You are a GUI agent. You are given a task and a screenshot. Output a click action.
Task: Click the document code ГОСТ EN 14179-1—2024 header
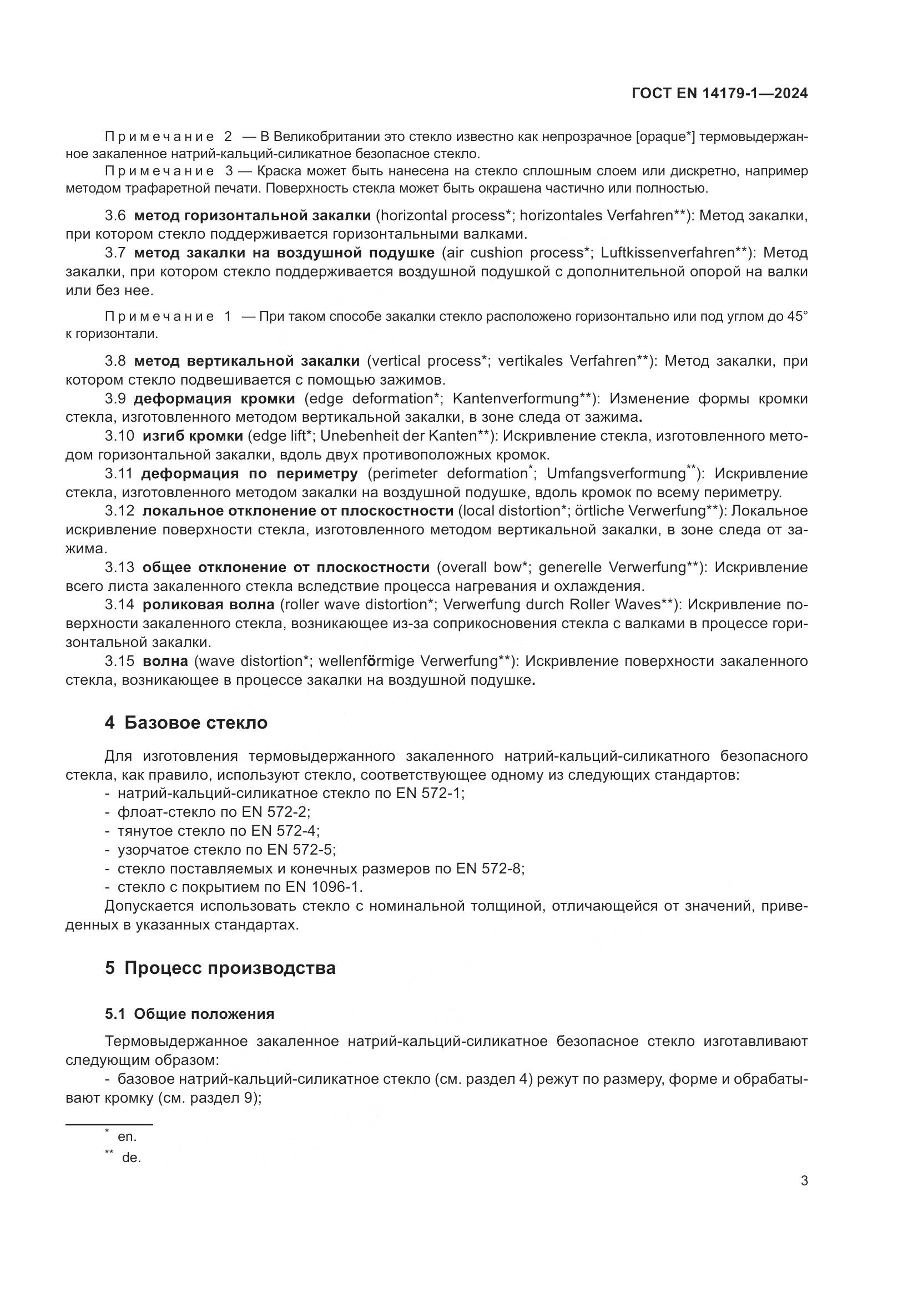tap(719, 93)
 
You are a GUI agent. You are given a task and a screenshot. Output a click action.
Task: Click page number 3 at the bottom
tap(804, 1181)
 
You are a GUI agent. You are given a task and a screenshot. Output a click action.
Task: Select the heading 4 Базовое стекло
tap(186, 723)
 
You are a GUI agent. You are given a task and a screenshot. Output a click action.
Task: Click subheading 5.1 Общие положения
tap(189, 1014)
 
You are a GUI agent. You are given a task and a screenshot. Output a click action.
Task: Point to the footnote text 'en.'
tap(127, 1137)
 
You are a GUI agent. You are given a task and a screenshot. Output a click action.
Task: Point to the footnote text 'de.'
tap(131, 1158)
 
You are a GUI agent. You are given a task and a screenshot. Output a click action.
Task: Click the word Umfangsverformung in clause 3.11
tap(616, 473)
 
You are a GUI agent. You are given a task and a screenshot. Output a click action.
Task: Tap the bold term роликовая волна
tap(208, 604)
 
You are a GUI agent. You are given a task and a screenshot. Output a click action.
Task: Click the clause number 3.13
tap(119, 567)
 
